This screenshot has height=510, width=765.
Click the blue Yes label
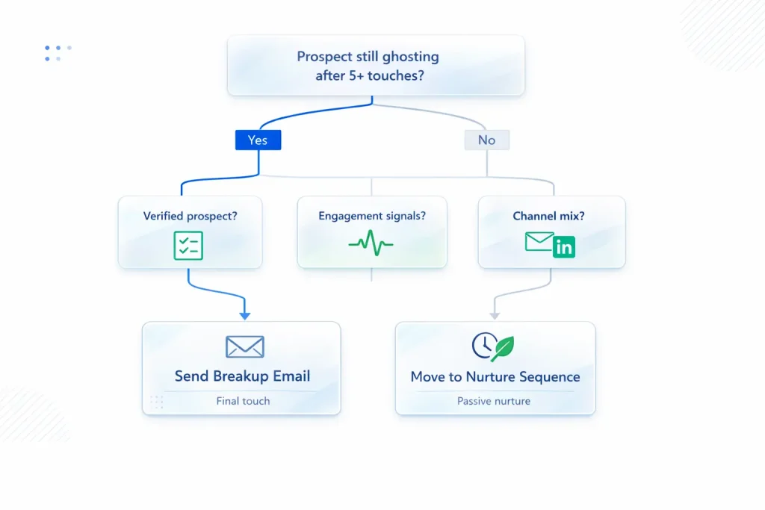pyautogui.click(x=258, y=140)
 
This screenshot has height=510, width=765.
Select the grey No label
pyautogui.click(x=486, y=140)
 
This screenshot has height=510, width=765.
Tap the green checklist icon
pyautogui.click(x=188, y=246)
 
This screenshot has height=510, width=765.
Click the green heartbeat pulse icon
pyautogui.click(x=371, y=244)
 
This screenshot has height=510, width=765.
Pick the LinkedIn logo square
pyautogui.click(x=565, y=247)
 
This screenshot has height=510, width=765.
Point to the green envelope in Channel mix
pyautogui.click(x=539, y=241)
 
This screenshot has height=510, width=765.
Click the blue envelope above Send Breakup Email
pyautogui.click(x=244, y=346)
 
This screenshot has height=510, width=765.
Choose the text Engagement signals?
pyautogui.click(x=372, y=217)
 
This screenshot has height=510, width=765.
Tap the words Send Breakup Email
pyautogui.click(x=242, y=376)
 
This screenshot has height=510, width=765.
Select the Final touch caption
pyautogui.click(x=243, y=401)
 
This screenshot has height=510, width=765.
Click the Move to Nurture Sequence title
pyautogui.click(x=495, y=376)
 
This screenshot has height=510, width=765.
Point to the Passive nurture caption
pyautogui.click(x=494, y=401)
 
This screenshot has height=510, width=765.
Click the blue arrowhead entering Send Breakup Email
pyautogui.click(x=244, y=316)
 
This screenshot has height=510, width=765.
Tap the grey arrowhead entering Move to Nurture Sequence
pyautogui.click(x=495, y=316)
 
